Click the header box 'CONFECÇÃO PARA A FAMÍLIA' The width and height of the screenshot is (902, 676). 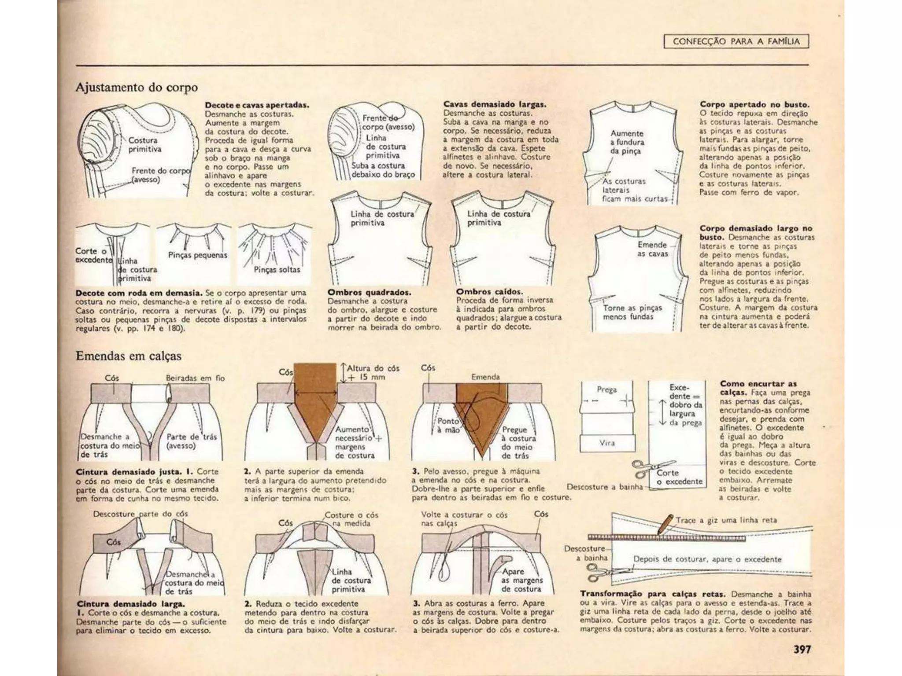click(736, 42)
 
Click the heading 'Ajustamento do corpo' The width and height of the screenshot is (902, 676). click(137, 87)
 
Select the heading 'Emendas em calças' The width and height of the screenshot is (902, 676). click(128, 356)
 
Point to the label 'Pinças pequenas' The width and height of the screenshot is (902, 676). click(197, 255)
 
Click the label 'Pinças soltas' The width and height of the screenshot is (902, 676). click(277, 269)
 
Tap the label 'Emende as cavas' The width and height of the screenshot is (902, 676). click(652, 249)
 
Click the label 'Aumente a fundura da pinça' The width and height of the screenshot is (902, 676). click(627, 142)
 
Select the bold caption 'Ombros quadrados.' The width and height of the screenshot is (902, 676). click(369, 292)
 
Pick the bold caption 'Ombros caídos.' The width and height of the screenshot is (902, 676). click(489, 291)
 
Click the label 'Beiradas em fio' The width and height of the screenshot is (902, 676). click(195, 378)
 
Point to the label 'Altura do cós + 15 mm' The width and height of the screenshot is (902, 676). click(373, 372)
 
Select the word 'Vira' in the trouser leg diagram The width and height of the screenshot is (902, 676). click(606, 443)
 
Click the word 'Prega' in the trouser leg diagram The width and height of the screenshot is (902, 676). click(606, 389)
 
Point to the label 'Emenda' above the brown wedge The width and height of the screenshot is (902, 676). click(485, 377)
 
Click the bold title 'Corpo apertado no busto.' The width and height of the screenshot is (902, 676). click(754, 105)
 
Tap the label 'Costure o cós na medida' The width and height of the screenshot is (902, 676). click(351, 519)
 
